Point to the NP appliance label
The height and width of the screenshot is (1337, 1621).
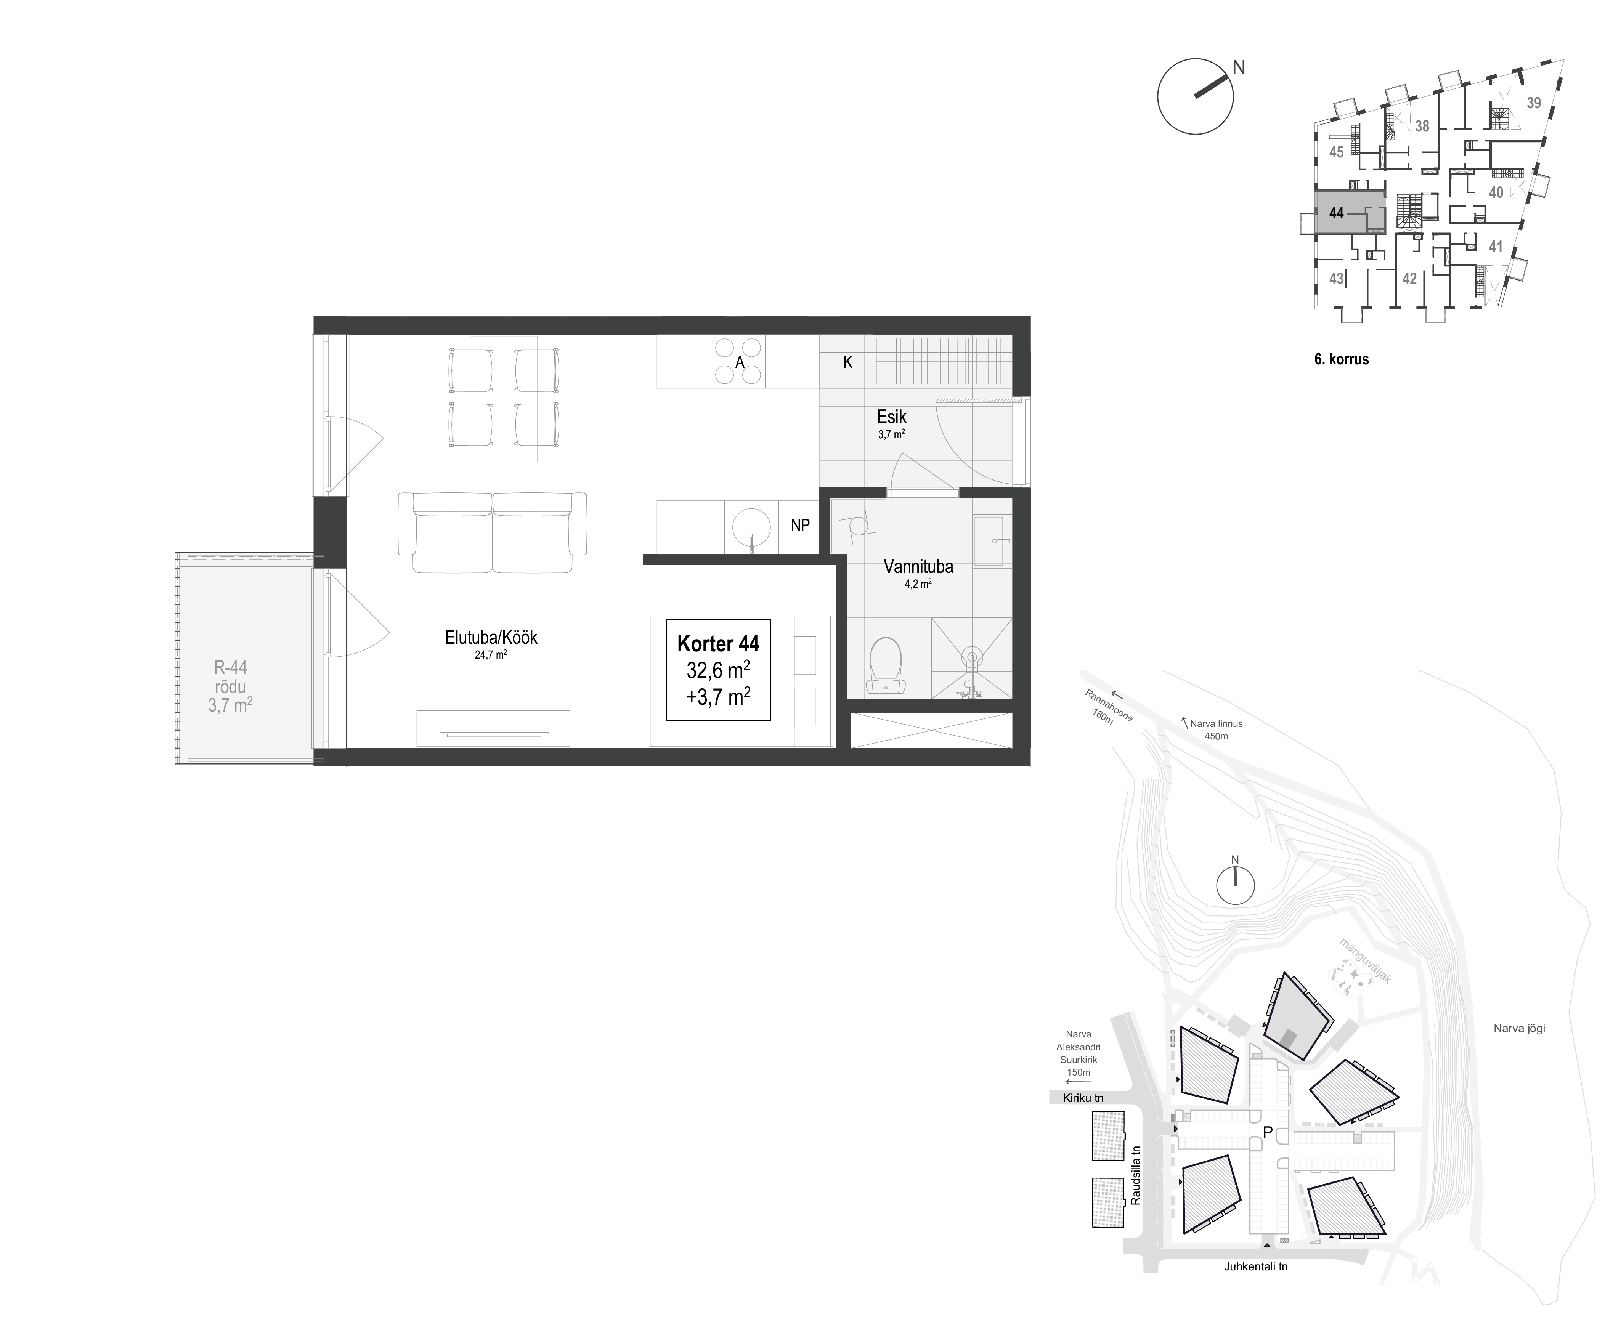click(x=800, y=525)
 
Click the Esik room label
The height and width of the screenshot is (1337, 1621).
click(x=891, y=417)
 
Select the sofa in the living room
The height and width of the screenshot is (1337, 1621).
click(x=492, y=532)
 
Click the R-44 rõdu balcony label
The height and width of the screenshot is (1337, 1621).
click(x=230, y=686)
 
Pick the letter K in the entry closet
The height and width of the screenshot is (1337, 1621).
click(x=847, y=362)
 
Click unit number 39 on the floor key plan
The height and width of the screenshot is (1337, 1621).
click(x=1533, y=103)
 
